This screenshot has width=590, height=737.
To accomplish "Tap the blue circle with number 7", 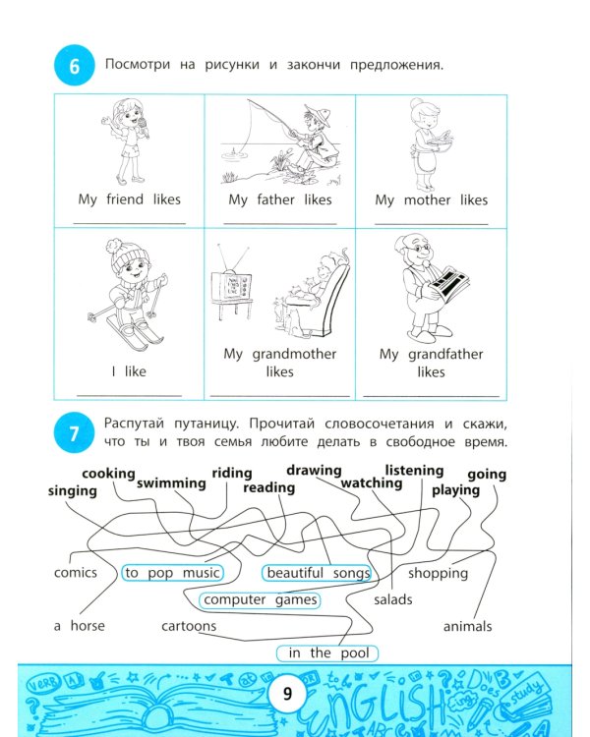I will click(x=74, y=433).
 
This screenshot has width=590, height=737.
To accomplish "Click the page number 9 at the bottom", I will click(x=287, y=694).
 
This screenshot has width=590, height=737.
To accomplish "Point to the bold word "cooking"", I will click(x=108, y=474).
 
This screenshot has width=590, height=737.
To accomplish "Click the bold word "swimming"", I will click(x=171, y=483).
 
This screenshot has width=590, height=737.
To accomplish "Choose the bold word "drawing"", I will click(x=314, y=471).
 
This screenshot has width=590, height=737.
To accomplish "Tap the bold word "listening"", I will click(x=414, y=471).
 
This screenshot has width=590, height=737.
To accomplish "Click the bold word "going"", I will click(x=487, y=475).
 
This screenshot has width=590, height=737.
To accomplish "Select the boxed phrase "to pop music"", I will click(x=172, y=573).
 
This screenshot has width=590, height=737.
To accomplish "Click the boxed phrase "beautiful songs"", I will click(x=318, y=573).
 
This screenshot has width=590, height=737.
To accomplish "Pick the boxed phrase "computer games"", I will click(x=261, y=599).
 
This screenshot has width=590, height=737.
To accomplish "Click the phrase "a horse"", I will click(x=80, y=625).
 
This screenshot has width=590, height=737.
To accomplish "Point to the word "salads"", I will click(x=393, y=599).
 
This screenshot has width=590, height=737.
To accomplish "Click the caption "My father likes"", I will click(x=279, y=199).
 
